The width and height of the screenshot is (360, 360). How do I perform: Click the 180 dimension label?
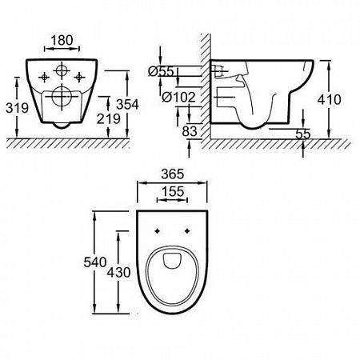[x=62, y=40]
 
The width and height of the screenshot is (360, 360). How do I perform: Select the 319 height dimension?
[x=17, y=108]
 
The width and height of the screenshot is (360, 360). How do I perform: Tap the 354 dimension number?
[x=127, y=104]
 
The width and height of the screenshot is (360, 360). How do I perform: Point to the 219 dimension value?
[x=109, y=118]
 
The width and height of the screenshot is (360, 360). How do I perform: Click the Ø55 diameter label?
[x=162, y=71]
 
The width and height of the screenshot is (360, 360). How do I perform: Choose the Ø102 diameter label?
[x=178, y=97]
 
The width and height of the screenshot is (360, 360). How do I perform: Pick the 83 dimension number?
[x=190, y=131]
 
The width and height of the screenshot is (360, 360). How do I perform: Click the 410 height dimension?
[x=330, y=99]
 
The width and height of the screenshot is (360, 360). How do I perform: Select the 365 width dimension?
[x=173, y=174]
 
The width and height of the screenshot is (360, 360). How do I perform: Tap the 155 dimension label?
[x=173, y=191]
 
